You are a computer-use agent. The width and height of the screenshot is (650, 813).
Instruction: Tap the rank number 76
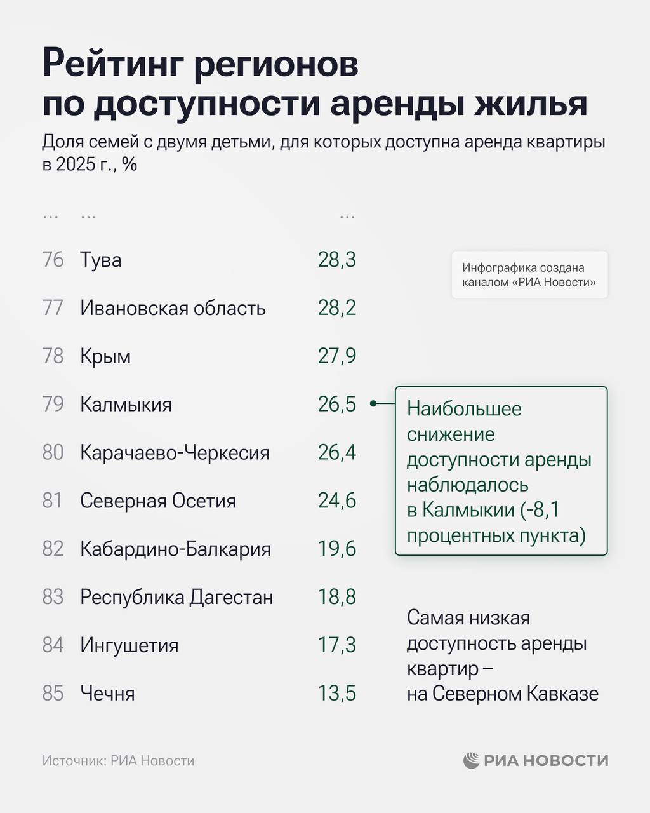point(53,260)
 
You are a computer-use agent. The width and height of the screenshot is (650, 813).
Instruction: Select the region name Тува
point(101,260)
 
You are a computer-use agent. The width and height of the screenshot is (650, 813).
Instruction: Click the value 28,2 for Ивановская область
point(337,308)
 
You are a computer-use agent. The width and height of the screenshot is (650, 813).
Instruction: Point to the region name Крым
point(105,356)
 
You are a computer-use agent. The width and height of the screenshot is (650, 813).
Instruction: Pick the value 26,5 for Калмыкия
point(337,404)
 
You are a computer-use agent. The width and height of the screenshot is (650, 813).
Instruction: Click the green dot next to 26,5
point(373,403)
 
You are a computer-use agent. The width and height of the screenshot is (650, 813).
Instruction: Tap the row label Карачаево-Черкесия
point(175,453)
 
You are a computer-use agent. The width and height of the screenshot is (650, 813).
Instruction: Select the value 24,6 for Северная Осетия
point(337,501)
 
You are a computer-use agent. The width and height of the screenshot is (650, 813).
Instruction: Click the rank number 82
point(53,549)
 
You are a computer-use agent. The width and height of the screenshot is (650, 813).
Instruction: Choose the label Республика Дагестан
point(176,597)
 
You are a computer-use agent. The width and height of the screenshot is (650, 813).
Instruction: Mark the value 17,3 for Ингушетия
point(337,645)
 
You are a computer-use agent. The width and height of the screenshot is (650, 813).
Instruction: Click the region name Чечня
point(107,694)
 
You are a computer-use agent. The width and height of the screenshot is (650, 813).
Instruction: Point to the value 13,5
point(337,694)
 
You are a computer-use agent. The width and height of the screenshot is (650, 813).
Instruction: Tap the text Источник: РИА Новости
point(118,761)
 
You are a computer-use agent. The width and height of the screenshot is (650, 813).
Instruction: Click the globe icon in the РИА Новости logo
point(471,760)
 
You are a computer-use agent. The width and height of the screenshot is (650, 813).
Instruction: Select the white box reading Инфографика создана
point(529,275)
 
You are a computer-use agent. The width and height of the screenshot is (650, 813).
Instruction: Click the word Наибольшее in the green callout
point(464,408)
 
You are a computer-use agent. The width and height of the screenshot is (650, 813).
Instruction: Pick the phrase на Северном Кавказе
point(503,694)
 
